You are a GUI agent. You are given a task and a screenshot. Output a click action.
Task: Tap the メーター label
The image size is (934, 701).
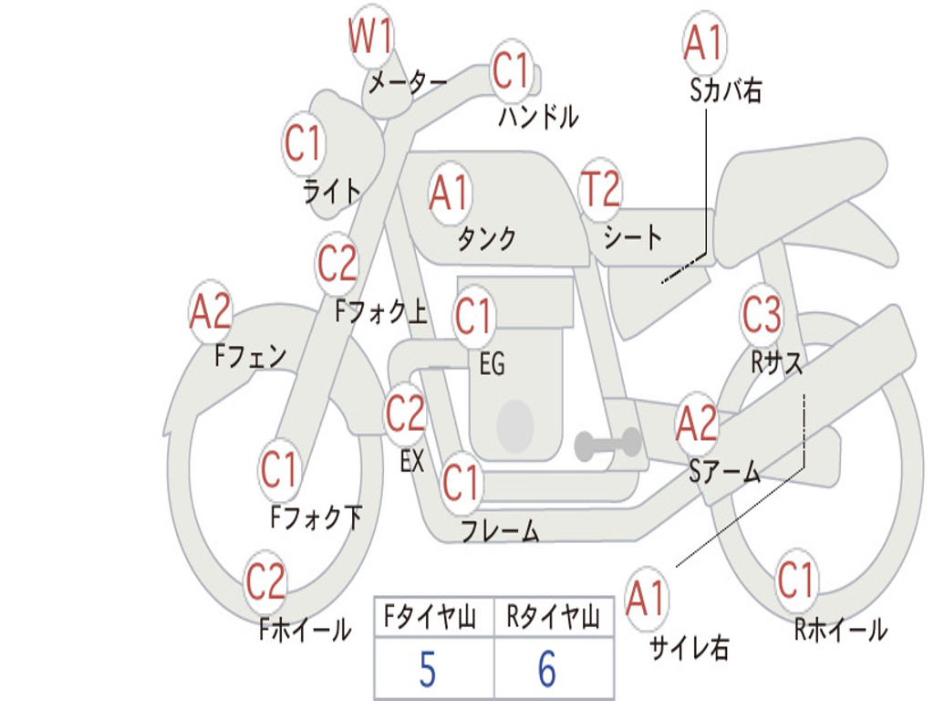click(x=408, y=82)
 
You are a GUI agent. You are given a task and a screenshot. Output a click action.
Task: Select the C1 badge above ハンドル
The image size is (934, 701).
click(x=512, y=70)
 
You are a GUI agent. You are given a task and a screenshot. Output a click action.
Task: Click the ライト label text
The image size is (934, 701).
click(x=332, y=192)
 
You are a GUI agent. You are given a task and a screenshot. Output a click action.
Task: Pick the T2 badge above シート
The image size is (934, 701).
click(x=600, y=188)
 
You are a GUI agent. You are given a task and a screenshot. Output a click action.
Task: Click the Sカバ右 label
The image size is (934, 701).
click(x=725, y=90)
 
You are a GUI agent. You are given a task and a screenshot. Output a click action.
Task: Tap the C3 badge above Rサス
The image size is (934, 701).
click(x=762, y=314)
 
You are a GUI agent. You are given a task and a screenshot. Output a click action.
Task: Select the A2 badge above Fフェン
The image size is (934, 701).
click(x=211, y=311)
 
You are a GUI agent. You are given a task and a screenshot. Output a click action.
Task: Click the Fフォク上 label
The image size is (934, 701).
click(x=381, y=311)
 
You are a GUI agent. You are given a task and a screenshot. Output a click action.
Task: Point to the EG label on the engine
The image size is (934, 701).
click(x=493, y=363)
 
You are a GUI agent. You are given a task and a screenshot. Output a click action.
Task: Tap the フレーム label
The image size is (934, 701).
click(x=501, y=530)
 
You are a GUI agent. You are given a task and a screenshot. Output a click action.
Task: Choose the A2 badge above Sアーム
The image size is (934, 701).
click(x=697, y=424)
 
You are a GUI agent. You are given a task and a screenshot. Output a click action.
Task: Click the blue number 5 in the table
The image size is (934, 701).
click(x=428, y=669)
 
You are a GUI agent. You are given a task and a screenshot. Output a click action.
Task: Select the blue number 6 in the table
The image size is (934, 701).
click(x=547, y=669)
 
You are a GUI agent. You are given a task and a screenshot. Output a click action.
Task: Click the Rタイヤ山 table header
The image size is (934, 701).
click(x=554, y=618)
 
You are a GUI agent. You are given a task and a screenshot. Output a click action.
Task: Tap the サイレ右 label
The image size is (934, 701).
click(x=690, y=647)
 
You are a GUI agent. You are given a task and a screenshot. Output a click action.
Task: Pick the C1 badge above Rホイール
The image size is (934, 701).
click(x=795, y=581)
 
